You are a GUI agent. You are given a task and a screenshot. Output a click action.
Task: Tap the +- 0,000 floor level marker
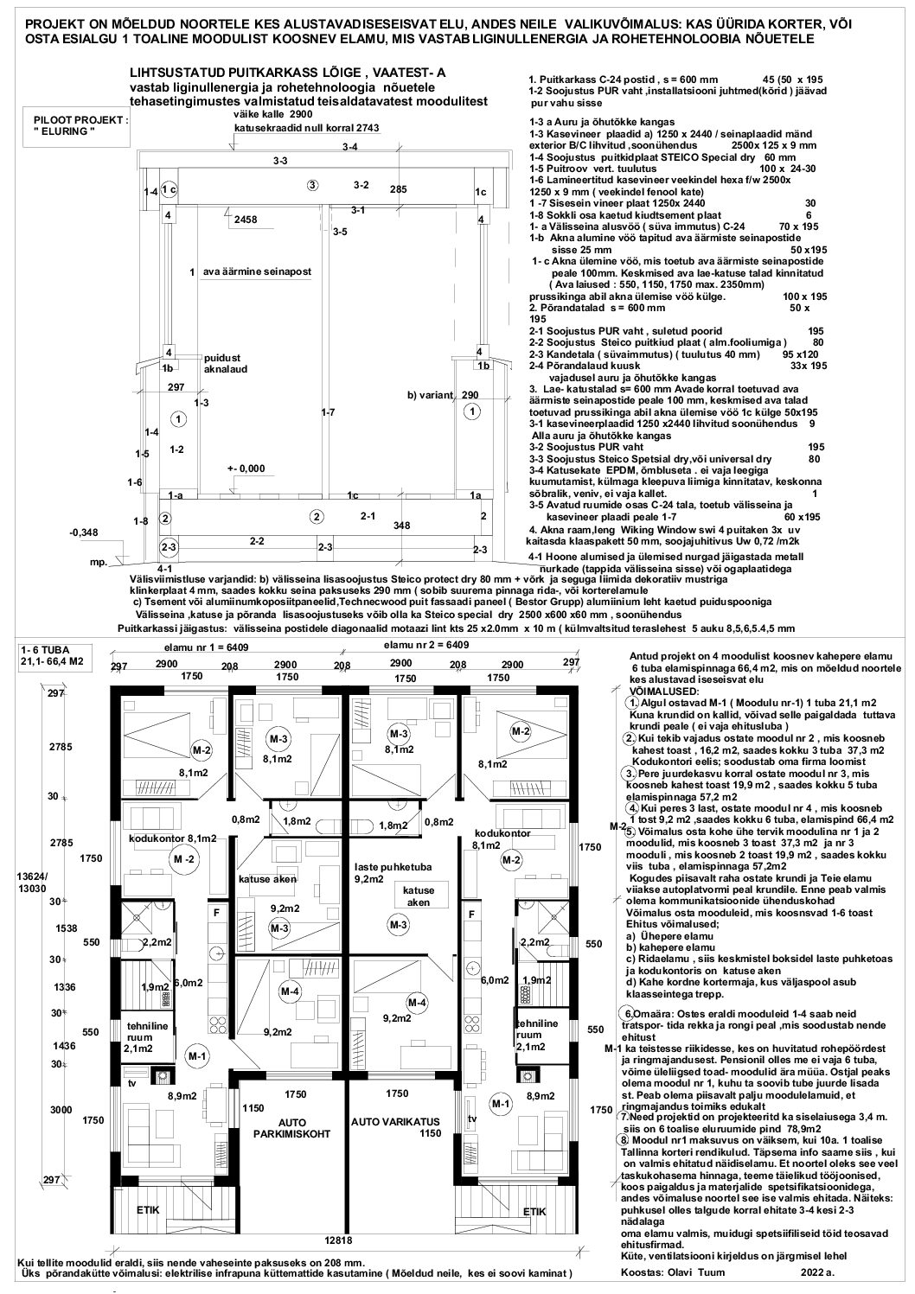(246, 468)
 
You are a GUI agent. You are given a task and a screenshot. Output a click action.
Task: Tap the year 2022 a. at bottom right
(817, 1272)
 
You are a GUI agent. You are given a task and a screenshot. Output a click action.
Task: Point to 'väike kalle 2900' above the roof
(267, 113)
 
